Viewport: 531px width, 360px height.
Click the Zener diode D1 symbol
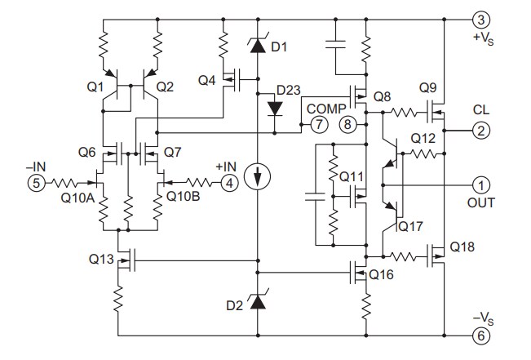click(x=258, y=47)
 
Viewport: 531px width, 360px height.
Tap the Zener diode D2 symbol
click(x=258, y=302)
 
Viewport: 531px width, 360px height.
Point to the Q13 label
click(x=102, y=260)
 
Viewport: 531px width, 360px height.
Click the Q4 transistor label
click(x=206, y=81)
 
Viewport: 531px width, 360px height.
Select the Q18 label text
click(x=462, y=246)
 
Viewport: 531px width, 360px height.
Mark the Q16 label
click(x=383, y=275)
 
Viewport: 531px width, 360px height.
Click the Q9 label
click(x=428, y=87)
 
